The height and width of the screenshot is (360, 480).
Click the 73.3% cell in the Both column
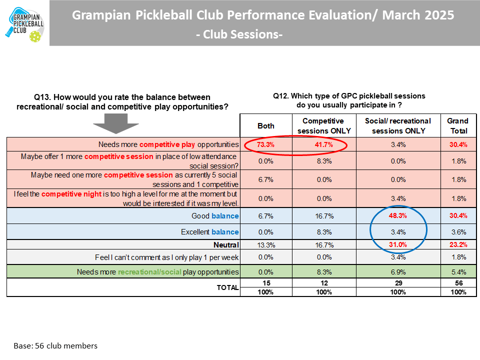pos(265,144)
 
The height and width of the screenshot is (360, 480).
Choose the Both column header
pos(265,126)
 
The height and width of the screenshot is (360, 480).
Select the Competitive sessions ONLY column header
pos(323,126)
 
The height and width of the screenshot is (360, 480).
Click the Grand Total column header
pos(457,126)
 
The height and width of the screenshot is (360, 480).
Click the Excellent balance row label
pos(209,232)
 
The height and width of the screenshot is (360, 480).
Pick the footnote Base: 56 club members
pos(55,345)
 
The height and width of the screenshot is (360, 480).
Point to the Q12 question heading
pos(349,100)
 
